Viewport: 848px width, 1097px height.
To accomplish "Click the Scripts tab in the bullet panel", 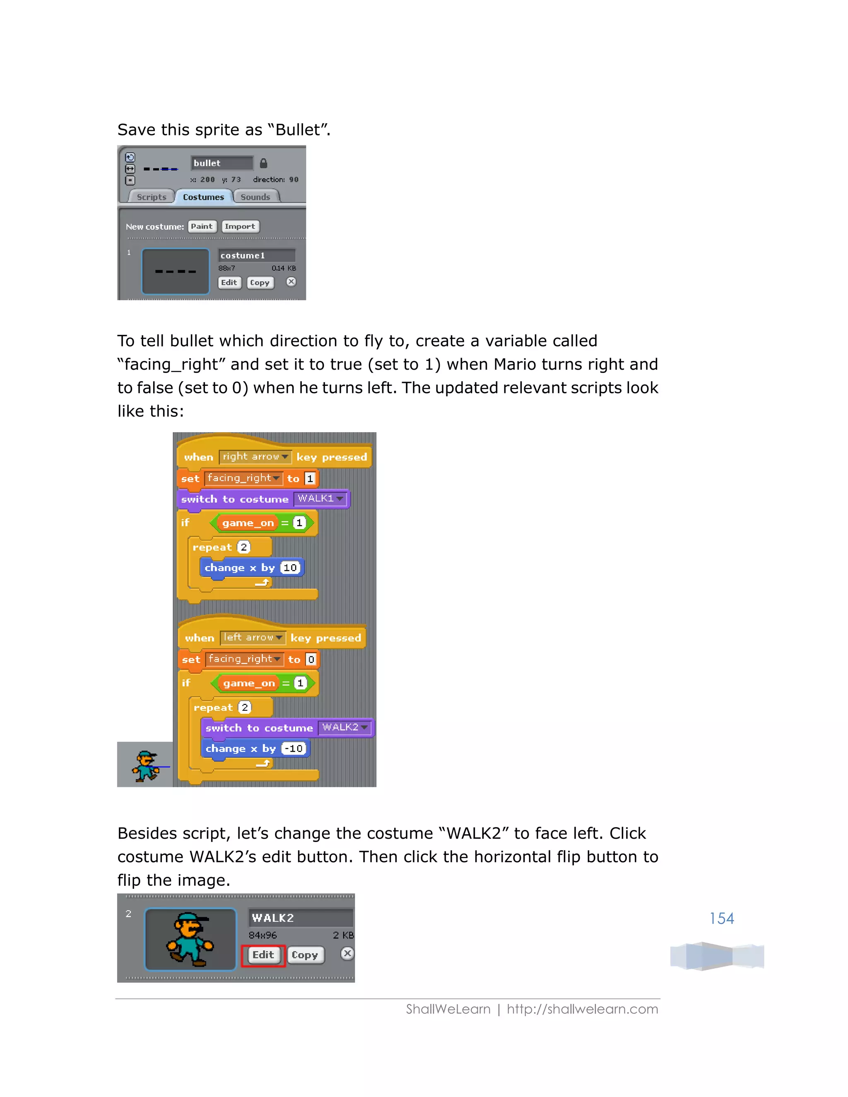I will (x=151, y=197).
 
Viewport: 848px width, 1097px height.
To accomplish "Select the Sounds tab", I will (x=255, y=197).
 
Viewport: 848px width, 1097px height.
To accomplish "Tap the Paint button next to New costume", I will (x=202, y=226).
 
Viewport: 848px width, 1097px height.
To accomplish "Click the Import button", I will (x=240, y=226).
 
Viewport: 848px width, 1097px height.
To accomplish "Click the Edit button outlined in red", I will (x=263, y=955).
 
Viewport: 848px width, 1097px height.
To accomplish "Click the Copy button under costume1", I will (x=260, y=282).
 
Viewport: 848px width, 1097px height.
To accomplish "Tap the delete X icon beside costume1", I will (x=291, y=282).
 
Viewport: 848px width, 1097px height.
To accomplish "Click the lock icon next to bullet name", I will (x=263, y=163).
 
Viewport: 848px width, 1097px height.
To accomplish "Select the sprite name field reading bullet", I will (x=222, y=163).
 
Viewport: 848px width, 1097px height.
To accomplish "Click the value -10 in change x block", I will (x=294, y=748).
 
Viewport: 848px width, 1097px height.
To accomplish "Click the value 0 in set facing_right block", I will (x=311, y=659).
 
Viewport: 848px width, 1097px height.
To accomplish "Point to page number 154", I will (x=721, y=918).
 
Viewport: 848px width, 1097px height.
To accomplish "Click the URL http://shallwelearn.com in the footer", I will (x=582, y=1009).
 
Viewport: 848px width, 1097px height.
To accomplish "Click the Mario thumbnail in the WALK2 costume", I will (x=190, y=939).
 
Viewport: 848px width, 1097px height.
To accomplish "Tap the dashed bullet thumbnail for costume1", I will (x=175, y=271).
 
